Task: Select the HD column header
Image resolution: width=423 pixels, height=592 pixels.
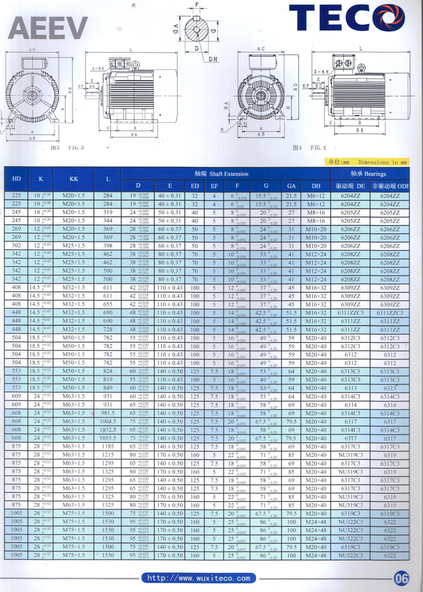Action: point(17,179)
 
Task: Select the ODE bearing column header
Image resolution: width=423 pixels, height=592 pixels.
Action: point(394,185)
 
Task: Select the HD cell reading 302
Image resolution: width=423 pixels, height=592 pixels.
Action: point(17,246)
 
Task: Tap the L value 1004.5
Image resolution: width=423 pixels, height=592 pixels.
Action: point(108,422)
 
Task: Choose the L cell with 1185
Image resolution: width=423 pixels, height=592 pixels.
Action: point(108,446)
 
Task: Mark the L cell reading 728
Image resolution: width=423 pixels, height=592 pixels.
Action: point(108,330)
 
